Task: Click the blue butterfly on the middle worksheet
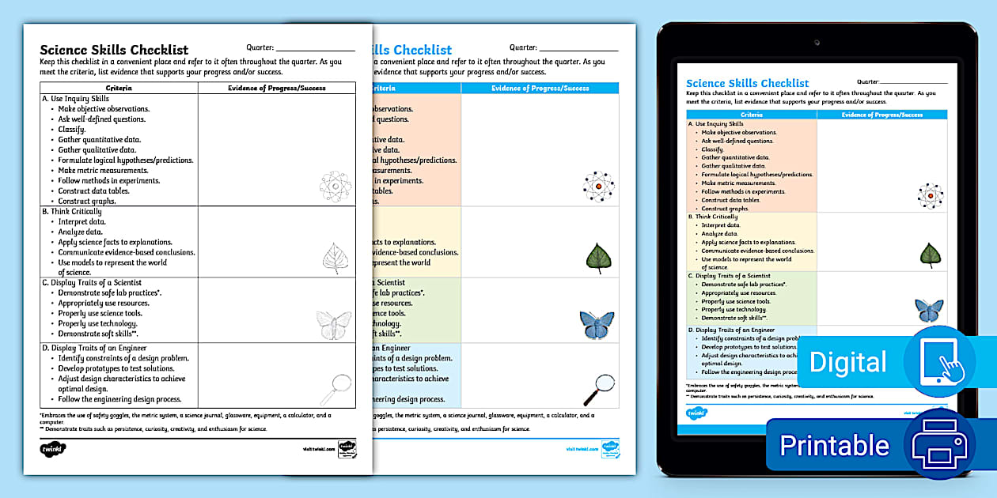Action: (x=597, y=323)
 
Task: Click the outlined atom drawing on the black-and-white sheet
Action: (x=335, y=187)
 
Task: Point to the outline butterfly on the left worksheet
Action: (x=334, y=323)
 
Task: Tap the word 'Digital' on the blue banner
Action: (x=847, y=362)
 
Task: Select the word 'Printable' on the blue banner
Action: (x=834, y=445)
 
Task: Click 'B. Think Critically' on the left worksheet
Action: (x=72, y=212)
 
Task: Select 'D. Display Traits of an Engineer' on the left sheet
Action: (x=94, y=348)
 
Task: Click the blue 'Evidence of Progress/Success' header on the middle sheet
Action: (x=540, y=88)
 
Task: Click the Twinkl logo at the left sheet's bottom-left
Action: (x=53, y=449)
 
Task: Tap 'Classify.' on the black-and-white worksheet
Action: (x=72, y=130)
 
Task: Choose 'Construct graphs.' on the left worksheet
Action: (x=87, y=201)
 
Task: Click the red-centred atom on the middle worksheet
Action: (x=599, y=187)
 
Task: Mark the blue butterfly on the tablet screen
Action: (x=929, y=309)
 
